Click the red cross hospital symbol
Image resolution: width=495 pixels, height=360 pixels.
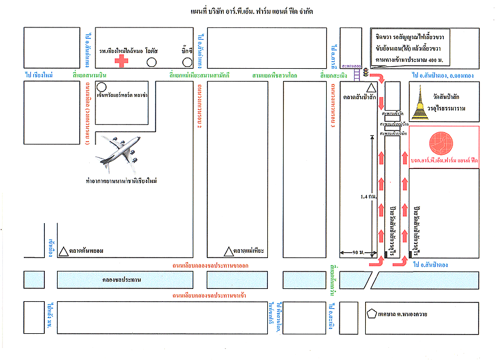[122, 61]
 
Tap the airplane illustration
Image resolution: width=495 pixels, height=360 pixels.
[119, 153]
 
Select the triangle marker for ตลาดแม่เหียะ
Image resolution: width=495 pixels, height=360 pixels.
[229, 252]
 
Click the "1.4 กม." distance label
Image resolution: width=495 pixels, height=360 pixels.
[367, 197]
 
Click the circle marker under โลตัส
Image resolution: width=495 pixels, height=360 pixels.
[151, 62]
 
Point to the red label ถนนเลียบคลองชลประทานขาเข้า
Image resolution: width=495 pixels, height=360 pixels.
[208, 296]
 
